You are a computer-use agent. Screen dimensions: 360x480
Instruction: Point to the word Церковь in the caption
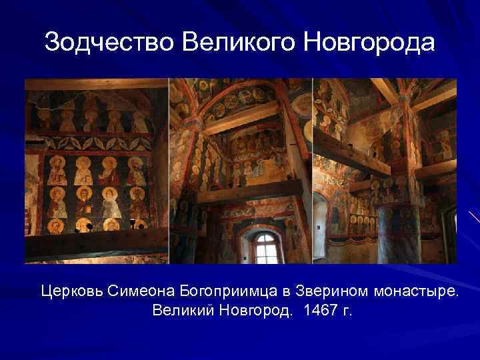(x=69, y=291)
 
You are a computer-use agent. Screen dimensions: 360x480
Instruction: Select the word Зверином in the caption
(x=317, y=291)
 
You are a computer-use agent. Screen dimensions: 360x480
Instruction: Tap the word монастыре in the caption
(x=408, y=291)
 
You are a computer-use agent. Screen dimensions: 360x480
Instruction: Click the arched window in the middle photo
(x=267, y=247)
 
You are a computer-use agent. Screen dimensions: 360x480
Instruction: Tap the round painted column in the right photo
(x=399, y=233)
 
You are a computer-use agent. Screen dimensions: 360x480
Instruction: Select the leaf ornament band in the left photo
(x=97, y=141)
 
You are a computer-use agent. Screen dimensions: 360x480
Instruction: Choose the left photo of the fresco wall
(x=97, y=171)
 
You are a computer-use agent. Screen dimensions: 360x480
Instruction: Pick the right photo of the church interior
(x=385, y=171)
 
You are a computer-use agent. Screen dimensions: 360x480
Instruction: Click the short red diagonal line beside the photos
(x=474, y=217)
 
